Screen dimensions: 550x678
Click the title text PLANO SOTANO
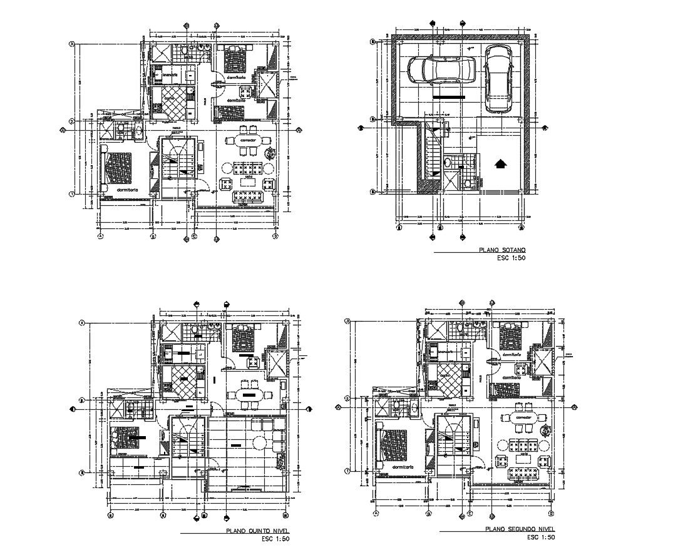coord(502,250)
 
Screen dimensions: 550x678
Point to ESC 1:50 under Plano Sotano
coord(511,257)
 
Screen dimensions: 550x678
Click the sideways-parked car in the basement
coord(441,70)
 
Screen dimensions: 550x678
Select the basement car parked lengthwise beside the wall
coord(498,78)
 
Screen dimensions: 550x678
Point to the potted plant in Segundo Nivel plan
coord(547,430)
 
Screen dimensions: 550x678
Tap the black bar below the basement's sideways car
coord(449,98)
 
